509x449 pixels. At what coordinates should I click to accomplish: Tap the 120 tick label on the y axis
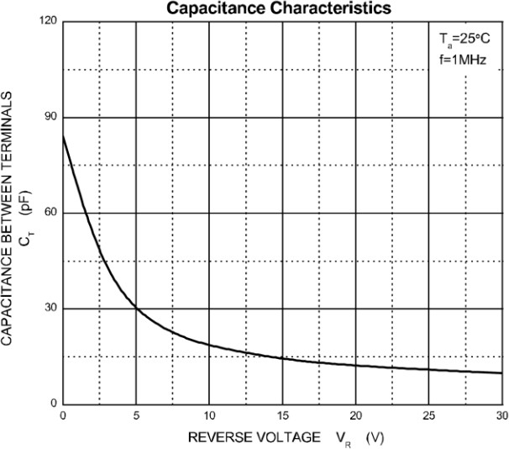(49, 21)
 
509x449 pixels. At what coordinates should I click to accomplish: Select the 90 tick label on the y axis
(51, 117)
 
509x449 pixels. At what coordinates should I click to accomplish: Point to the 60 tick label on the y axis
(51, 213)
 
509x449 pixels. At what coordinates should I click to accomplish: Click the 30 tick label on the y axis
(51, 309)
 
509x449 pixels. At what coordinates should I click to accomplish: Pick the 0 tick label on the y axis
(54, 404)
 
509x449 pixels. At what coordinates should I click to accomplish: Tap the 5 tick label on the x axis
(136, 416)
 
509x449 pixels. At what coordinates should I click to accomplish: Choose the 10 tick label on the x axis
(209, 416)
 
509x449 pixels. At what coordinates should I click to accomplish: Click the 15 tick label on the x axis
(282, 416)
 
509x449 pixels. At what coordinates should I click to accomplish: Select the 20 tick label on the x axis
(355, 416)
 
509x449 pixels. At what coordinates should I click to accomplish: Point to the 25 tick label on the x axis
(428, 416)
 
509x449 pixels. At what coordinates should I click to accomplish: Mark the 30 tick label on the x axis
(501, 416)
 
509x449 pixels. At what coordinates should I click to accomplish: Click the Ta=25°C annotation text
(463, 40)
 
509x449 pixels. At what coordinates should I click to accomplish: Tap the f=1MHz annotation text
(463, 60)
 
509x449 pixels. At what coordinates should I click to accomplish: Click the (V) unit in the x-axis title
(375, 437)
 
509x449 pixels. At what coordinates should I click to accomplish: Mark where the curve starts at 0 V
(63, 136)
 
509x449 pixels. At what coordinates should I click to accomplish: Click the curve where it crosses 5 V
(136, 308)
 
